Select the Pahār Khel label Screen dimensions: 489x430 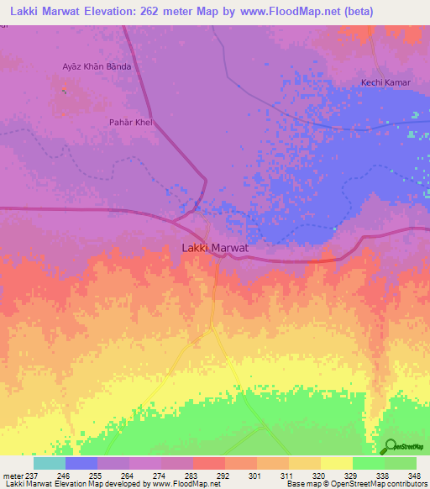click(129, 122)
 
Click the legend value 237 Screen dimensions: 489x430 click(30, 475)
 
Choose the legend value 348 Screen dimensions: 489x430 click(415, 475)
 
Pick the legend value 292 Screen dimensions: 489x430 click(224, 475)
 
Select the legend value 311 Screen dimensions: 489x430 click(288, 475)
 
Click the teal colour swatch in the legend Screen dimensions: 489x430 click(50, 463)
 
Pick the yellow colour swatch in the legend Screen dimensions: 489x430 click(336, 463)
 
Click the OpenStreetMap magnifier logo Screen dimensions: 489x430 click(391, 447)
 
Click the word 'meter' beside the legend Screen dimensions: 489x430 click(12, 475)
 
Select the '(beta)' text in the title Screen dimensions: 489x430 click(349, 11)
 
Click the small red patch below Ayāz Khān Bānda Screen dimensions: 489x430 click(65, 87)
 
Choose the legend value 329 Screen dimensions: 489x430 click(352, 475)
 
